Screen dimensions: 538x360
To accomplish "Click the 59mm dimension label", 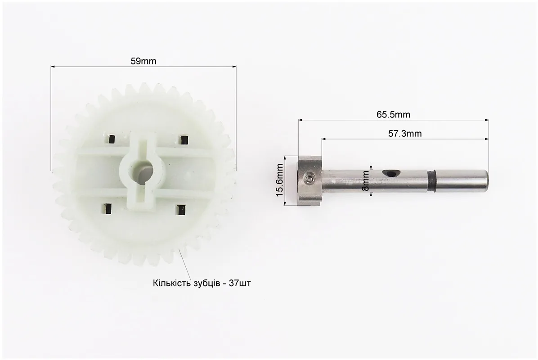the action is coord(143,61).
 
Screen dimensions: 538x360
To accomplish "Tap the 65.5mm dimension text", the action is coord(393,115).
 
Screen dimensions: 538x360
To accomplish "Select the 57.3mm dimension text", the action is coord(405,134).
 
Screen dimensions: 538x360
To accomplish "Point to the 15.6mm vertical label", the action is coord(280,180).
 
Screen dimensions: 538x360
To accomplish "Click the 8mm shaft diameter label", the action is coord(366,181).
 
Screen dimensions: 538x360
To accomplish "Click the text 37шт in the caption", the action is coord(239,283).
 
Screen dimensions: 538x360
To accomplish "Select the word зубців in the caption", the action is coord(205,284).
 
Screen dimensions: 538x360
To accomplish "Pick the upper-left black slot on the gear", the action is coord(111,139).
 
